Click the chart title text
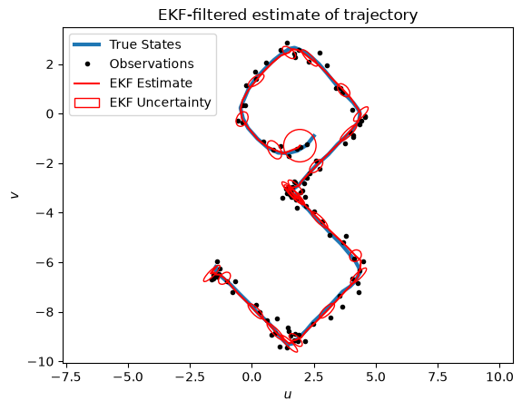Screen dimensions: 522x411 click(288, 15)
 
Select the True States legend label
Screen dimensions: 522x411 click(145, 44)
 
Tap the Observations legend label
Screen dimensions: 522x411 click(152, 64)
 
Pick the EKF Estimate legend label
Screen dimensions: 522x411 click(151, 83)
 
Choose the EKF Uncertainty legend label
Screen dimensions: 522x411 click(160, 103)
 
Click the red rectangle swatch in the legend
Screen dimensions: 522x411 click(87, 103)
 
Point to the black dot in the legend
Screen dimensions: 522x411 click(87, 64)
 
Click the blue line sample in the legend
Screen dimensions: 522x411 click(87, 44)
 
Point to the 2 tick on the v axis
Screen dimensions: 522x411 click(50, 64)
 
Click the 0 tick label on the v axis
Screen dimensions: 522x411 click(50, 114)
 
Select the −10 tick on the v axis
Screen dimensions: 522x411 click(40, 362)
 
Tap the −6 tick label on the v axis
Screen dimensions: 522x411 click(44, 262)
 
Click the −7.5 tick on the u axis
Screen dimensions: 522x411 click(66, 377)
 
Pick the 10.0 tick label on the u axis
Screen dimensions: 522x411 click(499, 377)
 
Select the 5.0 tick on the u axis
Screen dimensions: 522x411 click(376, 377)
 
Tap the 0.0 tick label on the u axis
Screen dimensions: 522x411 click(251, 377)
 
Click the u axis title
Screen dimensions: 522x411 click(288, 395)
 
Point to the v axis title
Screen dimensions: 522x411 click(14, 195)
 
